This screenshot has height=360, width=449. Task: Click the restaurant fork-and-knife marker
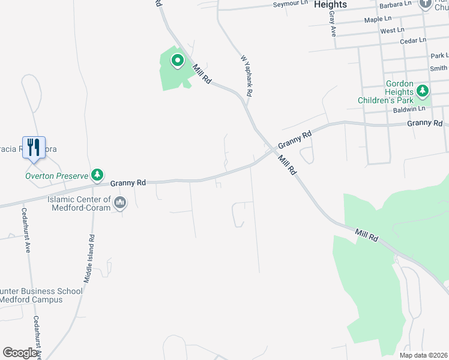pyautogui.click(x=34, y=146)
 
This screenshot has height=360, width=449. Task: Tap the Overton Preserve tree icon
pyautogui.click(x=97, y=175)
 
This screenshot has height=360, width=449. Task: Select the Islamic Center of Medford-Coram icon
pyautogui.click(x=121, y=203)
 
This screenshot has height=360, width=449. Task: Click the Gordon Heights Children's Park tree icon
pyautogui.click(x=423, y=91)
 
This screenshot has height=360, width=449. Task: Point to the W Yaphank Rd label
pyautogui.click(x=246, y=76)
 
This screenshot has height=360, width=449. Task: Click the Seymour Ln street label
pyautogui.click(x=291, y=4)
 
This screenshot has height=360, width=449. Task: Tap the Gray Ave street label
pyautogui.click(x=332, y=27)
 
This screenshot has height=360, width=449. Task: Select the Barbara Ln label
pyautogui.click(x=396, y=4)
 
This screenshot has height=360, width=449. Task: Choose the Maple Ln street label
pyautogui.click(x=378, y=20)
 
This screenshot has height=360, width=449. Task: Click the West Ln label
pyautogui.click(x=392, y=30)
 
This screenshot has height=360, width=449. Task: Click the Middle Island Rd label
pyautogui.click(x=88, y=259)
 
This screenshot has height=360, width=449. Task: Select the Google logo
pyautogui.click(x=19, y=353)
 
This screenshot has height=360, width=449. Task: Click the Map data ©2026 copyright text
pyautogui.click(x=423, y=355)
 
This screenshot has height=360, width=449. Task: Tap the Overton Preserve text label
pyautogui.click(x=56, y=176)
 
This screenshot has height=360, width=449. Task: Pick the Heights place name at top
pyautogui.click(x=330, y=5)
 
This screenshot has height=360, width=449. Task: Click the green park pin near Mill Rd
pyautogui.click(x=177, y=61)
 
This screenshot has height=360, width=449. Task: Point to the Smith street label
pyautogui.click(x=438, y=69)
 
